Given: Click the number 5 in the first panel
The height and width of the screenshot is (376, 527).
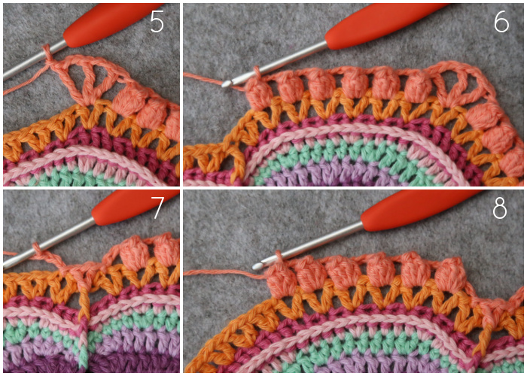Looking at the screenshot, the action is [x=157, y=23].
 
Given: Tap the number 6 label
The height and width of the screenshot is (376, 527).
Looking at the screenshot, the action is [x=501, y=23].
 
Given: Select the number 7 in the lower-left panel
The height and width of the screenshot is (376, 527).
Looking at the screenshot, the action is [x=157, y=208].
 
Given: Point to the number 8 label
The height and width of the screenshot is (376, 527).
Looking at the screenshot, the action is [x=499, y=208].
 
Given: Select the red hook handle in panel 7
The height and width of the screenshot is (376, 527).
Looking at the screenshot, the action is [x=135, y=207].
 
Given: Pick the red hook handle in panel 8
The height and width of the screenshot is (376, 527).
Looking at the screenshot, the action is [x=420, y=210].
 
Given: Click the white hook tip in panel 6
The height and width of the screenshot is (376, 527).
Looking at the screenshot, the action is [x=226, y=83].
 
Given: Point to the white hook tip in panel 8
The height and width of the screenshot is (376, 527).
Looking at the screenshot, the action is [x=257, y=266].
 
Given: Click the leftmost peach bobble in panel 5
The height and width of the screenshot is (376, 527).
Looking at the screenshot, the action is [x=126, y=103].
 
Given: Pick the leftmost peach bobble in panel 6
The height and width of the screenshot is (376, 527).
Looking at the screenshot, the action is [x=258, y=95].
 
